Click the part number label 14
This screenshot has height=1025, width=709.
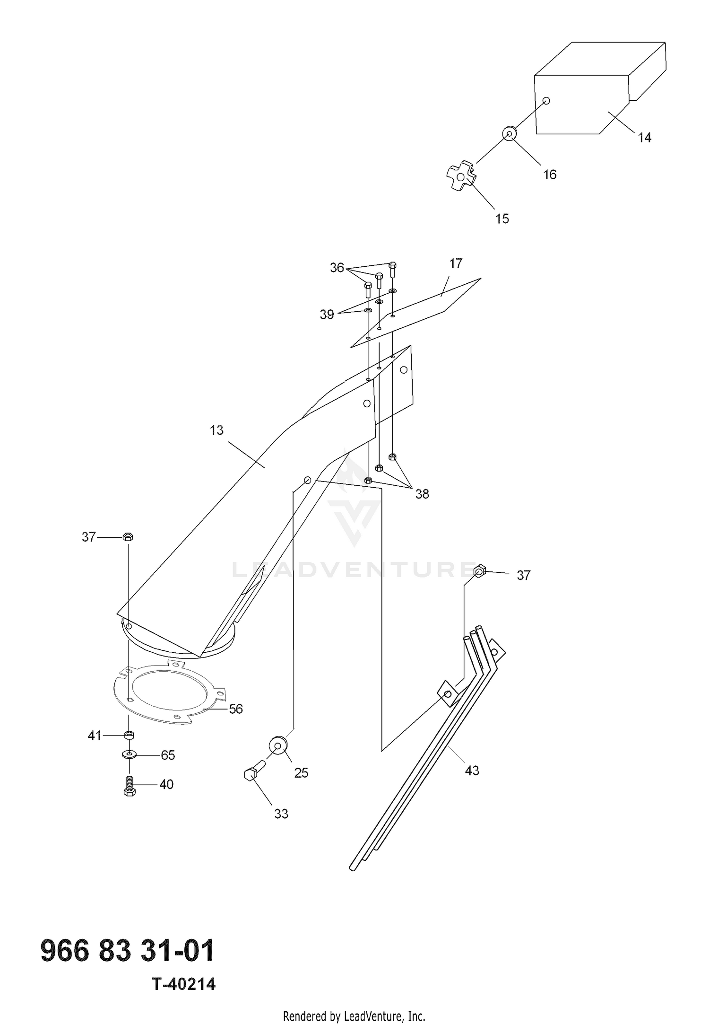pyautogui.click(x=645, y=138)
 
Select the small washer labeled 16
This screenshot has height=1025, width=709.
pyautogui.click(x=509, y=134)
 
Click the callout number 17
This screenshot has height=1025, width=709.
pyautogui.click(x=456, y=263)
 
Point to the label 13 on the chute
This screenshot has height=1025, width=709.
pyautogui.click(x=216, y=430)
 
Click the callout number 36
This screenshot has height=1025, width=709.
pyautogui.click(x=337, y=268)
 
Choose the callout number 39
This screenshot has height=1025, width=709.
pyautogui.click(x=327, y=315)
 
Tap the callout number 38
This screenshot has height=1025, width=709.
pyautogui.click(x=422, y=494)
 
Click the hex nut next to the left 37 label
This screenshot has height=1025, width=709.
pyautogui.click(x=128, y=536)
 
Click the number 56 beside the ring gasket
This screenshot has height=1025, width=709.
pyautogui.click(x=236, y=709)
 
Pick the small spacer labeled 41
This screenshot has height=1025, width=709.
pyautogui.click(x=129, y=735)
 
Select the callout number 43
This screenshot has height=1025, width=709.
pyautogui.click(x=472, y=771)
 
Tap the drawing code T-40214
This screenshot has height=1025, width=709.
pyautogui.click(x=184, y=984)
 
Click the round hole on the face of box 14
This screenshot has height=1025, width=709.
pyautogui.click(x=546, y=101)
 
